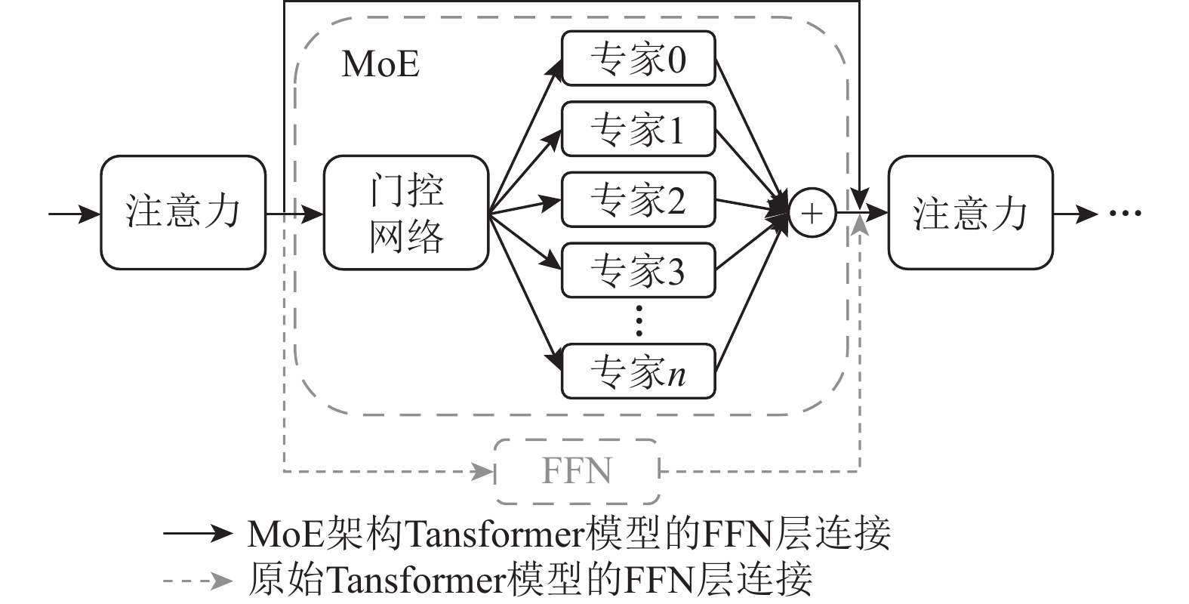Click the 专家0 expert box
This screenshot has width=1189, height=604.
click(638, 58)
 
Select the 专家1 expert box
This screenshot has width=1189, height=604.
click(638, 129)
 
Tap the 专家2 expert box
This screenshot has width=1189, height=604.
click(638, 200)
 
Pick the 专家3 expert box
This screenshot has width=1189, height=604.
click(638, 270)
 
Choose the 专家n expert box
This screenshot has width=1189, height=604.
click(638, 371)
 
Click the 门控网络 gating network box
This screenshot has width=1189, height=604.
click(406, 213)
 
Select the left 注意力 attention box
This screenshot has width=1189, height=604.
click(183, 213)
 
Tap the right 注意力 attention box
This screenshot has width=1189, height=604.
click(970, 213)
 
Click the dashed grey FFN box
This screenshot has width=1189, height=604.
click(577, 472)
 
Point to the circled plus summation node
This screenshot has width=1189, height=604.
click(812, 214)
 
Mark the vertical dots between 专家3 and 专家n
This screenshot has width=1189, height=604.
click(639, 321)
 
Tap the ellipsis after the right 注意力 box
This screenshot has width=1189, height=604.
click(1125, 214)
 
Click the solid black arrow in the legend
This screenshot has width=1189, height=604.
click(198, 534)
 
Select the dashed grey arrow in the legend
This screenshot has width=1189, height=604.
click(198, 580)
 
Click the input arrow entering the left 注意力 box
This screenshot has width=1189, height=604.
click(74, 214)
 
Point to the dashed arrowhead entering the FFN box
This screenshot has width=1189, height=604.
click(482, 473)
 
